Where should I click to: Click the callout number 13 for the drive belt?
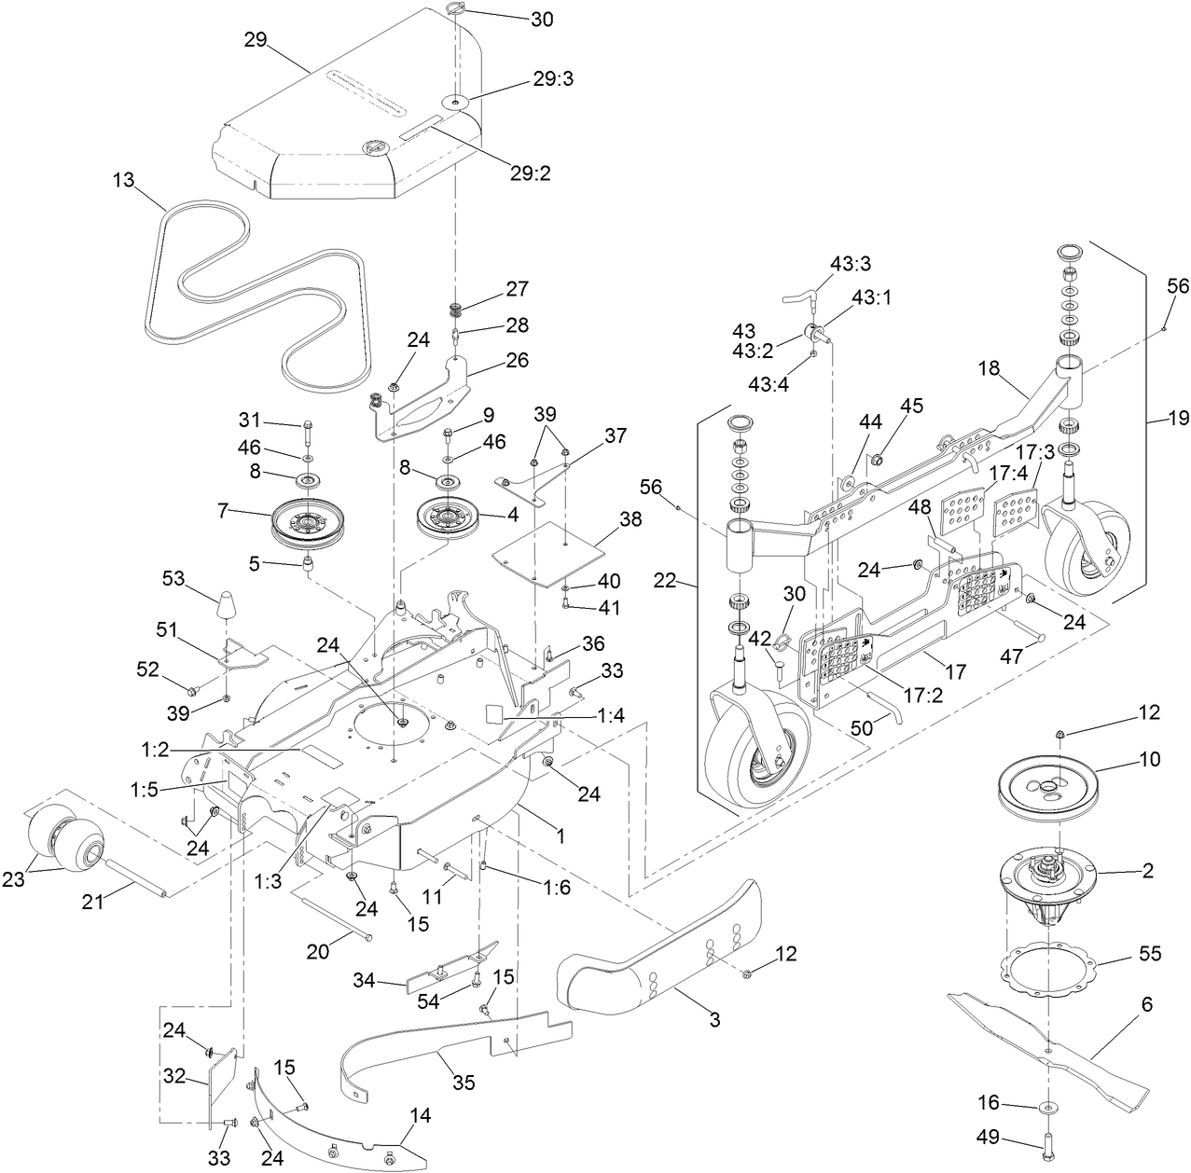pyautogui.click(x=124, y=180)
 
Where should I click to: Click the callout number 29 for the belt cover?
pyautogui.click(x=256, y=39)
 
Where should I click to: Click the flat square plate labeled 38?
pyautogui.click(x=547, y=553)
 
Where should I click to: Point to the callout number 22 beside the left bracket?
pyautogui.click(x=665, y=581)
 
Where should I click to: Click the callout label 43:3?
pyautogui.click(x=851, y=264)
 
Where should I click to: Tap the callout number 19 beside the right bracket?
pyautogui.click(x=1179, y=419)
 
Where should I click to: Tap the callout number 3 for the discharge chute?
pyautogui.click(x=714, y=1019)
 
